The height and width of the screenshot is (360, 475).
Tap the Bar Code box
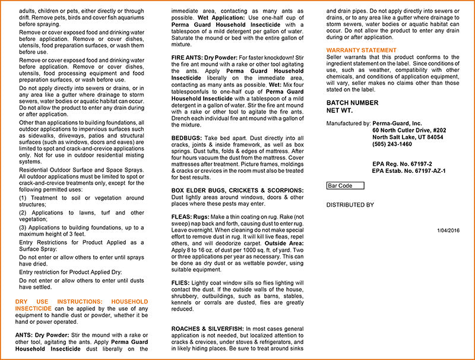[346, 186]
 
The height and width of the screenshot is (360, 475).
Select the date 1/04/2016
[448, 230]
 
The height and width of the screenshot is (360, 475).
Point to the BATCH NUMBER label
[352, 103]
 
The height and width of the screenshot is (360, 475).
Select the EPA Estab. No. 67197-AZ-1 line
[408, 170]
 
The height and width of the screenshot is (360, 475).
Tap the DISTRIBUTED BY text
[350, 205]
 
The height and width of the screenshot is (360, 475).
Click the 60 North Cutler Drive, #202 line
[409, 130]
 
